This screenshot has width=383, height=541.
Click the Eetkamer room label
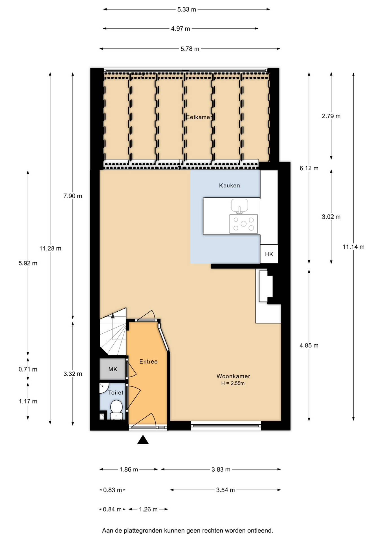(x=199, y=117)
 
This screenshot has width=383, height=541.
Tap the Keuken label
(x=230, y=185)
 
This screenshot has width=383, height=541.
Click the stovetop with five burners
(x=244, y=224)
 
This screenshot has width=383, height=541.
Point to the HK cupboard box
(x=269, y=254)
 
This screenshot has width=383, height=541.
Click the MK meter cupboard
(x=113, y=369)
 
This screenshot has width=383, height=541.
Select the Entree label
(x=148, y=362)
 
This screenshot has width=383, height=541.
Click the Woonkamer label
(x=233, y=376)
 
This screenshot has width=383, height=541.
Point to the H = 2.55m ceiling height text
(x=233, y=383)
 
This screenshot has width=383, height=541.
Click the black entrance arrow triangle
(x=143, y=440)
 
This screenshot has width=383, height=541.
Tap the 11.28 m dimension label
(x=50, y=249)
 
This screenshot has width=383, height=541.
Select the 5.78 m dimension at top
(x=190, y=49)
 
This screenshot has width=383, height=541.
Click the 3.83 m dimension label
(x=221, y=469)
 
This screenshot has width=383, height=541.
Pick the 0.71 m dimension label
(x=28, y=369)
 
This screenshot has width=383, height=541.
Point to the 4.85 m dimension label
(x=309, y=345)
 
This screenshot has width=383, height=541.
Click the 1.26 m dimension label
(x=148, y=509)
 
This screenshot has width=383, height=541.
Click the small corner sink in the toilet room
(x=103, y=388)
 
